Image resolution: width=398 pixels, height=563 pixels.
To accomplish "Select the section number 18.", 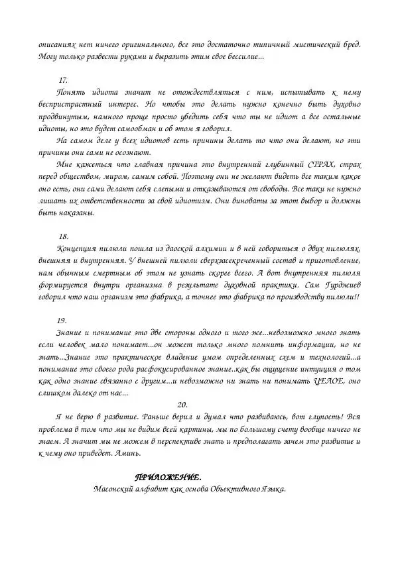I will (x=64, y=236).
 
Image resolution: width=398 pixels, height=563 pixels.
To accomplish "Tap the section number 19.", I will (x=62, y=320).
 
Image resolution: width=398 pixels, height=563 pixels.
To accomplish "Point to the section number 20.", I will (x=184, y=404).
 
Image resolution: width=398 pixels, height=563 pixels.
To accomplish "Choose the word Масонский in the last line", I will (x=117, y=489).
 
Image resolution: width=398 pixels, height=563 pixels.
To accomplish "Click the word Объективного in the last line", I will (x=234, y=489).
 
